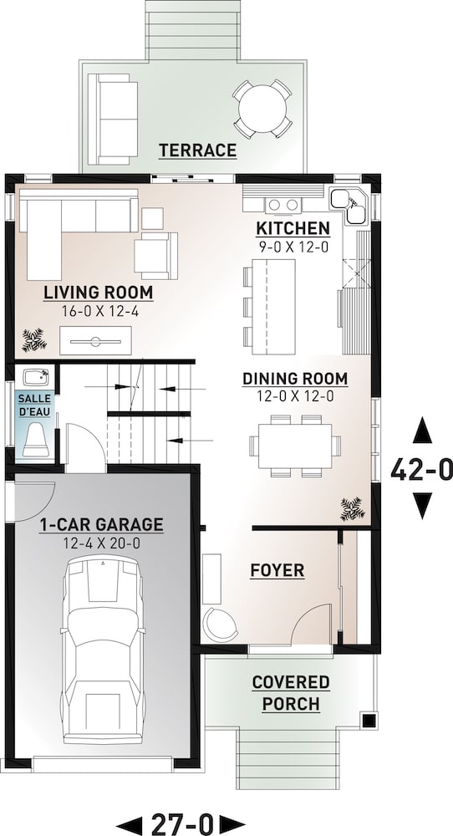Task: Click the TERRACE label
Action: [198, 150]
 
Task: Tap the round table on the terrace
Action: [262, 107]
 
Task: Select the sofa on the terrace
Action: [115, 119]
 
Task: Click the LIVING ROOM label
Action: [99, 292]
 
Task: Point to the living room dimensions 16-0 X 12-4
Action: [98, 311]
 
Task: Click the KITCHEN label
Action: [293, 228]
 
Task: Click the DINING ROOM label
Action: [295, 379]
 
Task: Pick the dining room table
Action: [294, 443]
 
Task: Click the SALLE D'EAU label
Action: [34, 405]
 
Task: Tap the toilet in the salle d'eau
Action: [34, 441]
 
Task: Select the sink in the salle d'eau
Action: [33, 376]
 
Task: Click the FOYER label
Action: [277, 571]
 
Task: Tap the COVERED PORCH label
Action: [291, 693]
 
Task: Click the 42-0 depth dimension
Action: [422, 470]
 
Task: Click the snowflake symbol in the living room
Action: [34, 339]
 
